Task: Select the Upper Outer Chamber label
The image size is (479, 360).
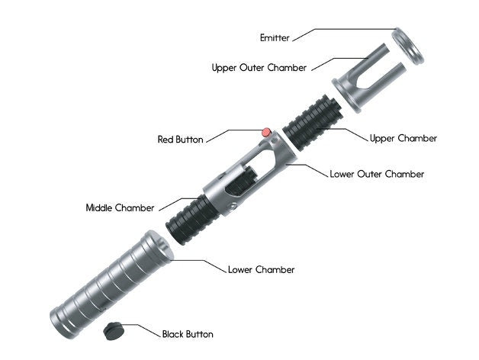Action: [259, 68]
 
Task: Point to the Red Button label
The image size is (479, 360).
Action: [180, 140]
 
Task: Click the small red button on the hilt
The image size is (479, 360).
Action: [266, 133]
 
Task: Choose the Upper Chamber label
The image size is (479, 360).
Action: [403, 138]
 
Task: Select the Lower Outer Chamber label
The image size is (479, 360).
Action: [376, 174]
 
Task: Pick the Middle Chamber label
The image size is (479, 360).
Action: [120, 207]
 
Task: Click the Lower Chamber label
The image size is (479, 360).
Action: [261, 269]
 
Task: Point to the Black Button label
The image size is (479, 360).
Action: [188, 334]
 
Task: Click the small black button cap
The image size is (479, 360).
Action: [115, 329]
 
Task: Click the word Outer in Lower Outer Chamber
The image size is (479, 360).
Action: [373, 174]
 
